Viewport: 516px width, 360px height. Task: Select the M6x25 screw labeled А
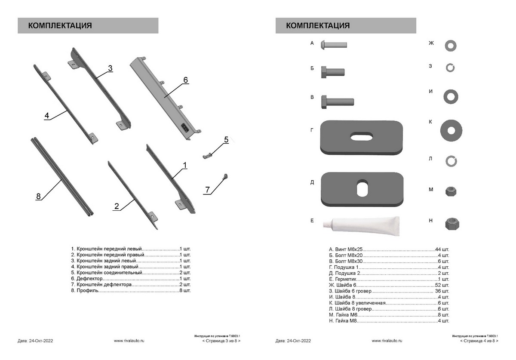[334, 44]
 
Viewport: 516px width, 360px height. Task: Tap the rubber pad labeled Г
[362, 137]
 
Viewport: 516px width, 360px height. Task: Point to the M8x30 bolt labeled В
[337, 102]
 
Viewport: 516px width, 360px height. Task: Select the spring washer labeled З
[450, 68]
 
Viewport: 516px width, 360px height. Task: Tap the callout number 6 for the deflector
[185, 80]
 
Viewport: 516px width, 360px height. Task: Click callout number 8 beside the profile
[38, 197]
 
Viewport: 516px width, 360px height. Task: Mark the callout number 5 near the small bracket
[226, 139]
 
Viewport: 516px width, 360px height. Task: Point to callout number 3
[110, 68]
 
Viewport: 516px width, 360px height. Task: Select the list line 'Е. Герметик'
[389, 279]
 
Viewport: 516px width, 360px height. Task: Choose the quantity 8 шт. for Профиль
[184, 291]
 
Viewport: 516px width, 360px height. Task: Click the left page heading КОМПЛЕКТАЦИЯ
[60, 26]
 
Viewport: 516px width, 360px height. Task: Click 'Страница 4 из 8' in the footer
[479, 341]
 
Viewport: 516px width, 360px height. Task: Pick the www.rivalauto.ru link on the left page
[129, 341]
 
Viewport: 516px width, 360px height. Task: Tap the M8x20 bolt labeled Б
[332, 72]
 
